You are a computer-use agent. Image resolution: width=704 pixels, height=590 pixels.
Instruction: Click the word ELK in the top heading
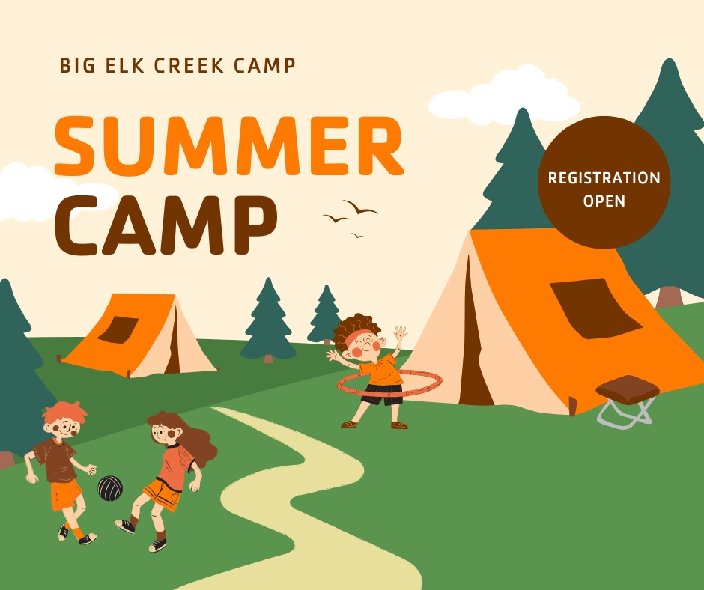[x=125, y=66]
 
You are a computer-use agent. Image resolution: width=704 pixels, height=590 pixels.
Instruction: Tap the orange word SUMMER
[x=229, y=146]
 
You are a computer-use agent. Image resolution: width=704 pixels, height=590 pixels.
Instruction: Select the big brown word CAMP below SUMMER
[x=166, y=225]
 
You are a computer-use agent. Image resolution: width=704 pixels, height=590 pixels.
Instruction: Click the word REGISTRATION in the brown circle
[x=604, y=178]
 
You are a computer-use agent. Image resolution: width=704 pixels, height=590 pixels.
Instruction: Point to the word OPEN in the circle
[x=604, y=201]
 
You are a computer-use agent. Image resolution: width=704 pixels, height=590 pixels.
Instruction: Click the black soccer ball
[x=110, y=488]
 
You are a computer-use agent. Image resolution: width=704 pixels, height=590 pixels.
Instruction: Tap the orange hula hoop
[x=389, y=383]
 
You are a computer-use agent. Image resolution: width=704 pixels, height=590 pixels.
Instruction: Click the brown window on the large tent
[x=595, y=308]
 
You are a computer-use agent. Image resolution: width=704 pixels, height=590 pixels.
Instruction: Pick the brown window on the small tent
[x=118, y=329]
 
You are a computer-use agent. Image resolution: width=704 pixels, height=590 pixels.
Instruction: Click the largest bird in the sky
[x=360, y=207]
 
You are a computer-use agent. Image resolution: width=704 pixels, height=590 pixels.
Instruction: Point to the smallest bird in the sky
[x=358, y=235]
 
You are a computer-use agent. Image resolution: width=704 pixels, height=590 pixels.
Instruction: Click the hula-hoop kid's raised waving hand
[x=399, y=333]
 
